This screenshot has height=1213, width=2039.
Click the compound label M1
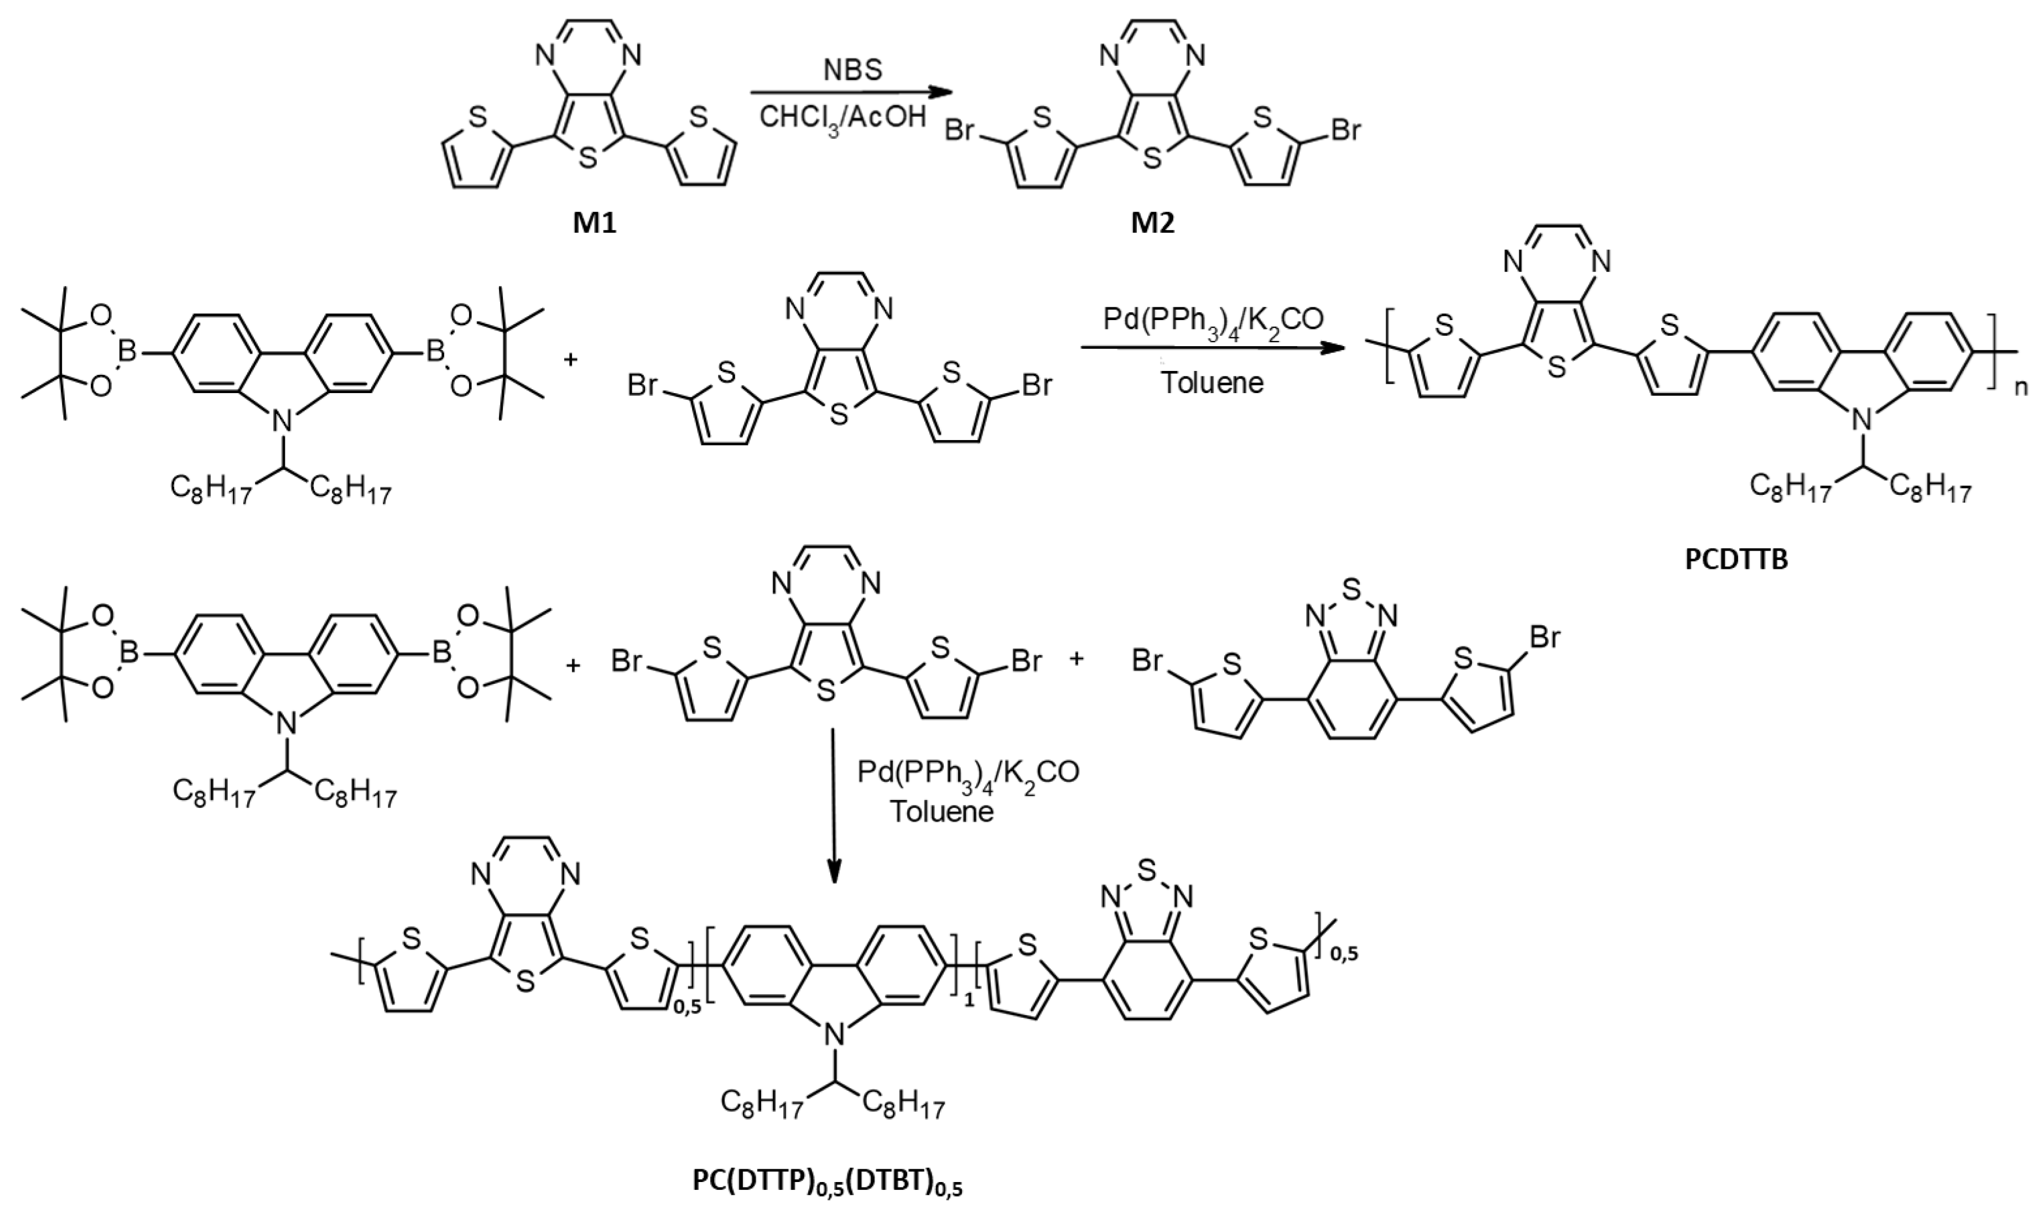[x=594, y=222]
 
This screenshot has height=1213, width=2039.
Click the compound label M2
[x=1153, y=222]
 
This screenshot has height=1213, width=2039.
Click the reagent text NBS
[x=852, y=70]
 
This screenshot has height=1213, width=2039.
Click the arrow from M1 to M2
[x=842, y=92]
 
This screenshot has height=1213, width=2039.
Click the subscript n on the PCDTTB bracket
[x=2021, y=388]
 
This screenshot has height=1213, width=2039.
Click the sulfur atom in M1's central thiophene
[x=587, y=158]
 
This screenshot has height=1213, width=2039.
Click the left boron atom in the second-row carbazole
[x=128, y=353]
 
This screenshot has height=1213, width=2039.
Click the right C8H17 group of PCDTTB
[x=1929, y=489]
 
